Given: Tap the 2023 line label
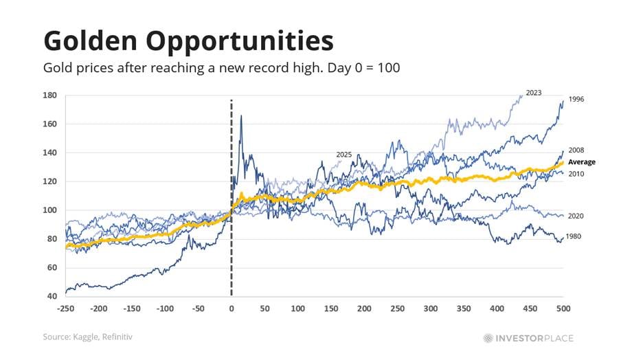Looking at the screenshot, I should [534, 92].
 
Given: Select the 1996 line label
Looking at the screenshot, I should [576, 100].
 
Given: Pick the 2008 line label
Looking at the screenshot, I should [576, 150].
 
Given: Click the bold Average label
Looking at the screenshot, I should [582, 162].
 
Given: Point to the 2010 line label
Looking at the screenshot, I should [576, 174].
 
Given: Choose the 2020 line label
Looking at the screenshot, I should [576, 216].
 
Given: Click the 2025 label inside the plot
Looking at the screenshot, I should [344, 155].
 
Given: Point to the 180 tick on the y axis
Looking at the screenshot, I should [50, 95].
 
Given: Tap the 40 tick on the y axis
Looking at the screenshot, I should [52, 297].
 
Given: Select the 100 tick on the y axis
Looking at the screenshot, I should [50, 210].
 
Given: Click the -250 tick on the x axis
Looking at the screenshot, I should [66, 310].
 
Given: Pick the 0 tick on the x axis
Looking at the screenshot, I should [232, 310].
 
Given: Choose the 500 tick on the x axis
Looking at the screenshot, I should [563, 310].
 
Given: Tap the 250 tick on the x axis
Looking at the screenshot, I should [397, 310].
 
